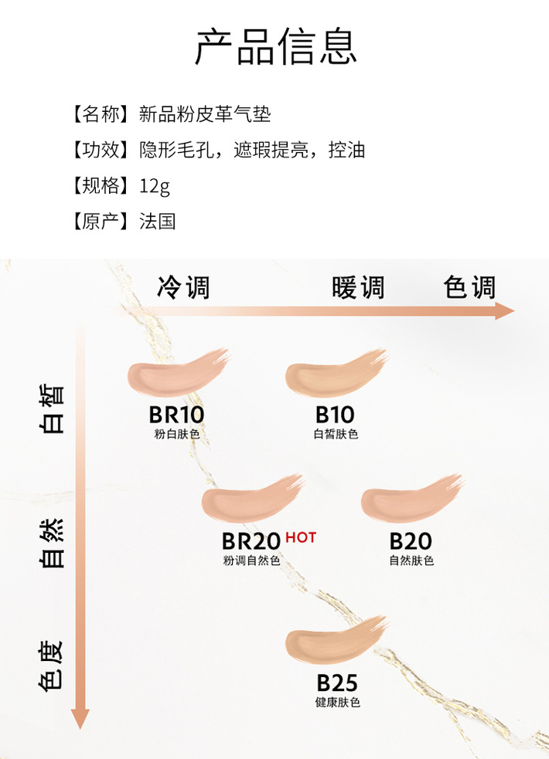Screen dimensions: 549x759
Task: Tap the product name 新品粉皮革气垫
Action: tap(205, 115)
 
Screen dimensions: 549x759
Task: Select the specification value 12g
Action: tap(155, 186)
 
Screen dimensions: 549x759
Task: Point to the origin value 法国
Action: tap(158, 222)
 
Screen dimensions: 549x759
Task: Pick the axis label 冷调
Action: tap(183, 288)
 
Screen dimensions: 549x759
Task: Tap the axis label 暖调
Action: tap(358, 288)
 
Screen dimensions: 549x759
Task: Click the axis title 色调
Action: tap(469, 288)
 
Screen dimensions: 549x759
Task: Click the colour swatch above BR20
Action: tap(251, 500)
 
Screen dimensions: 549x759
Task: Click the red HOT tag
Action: tap(301, 537)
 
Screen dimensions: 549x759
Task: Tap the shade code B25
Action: tap(337, 683)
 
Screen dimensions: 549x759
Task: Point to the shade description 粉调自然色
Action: tap(251, 561)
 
